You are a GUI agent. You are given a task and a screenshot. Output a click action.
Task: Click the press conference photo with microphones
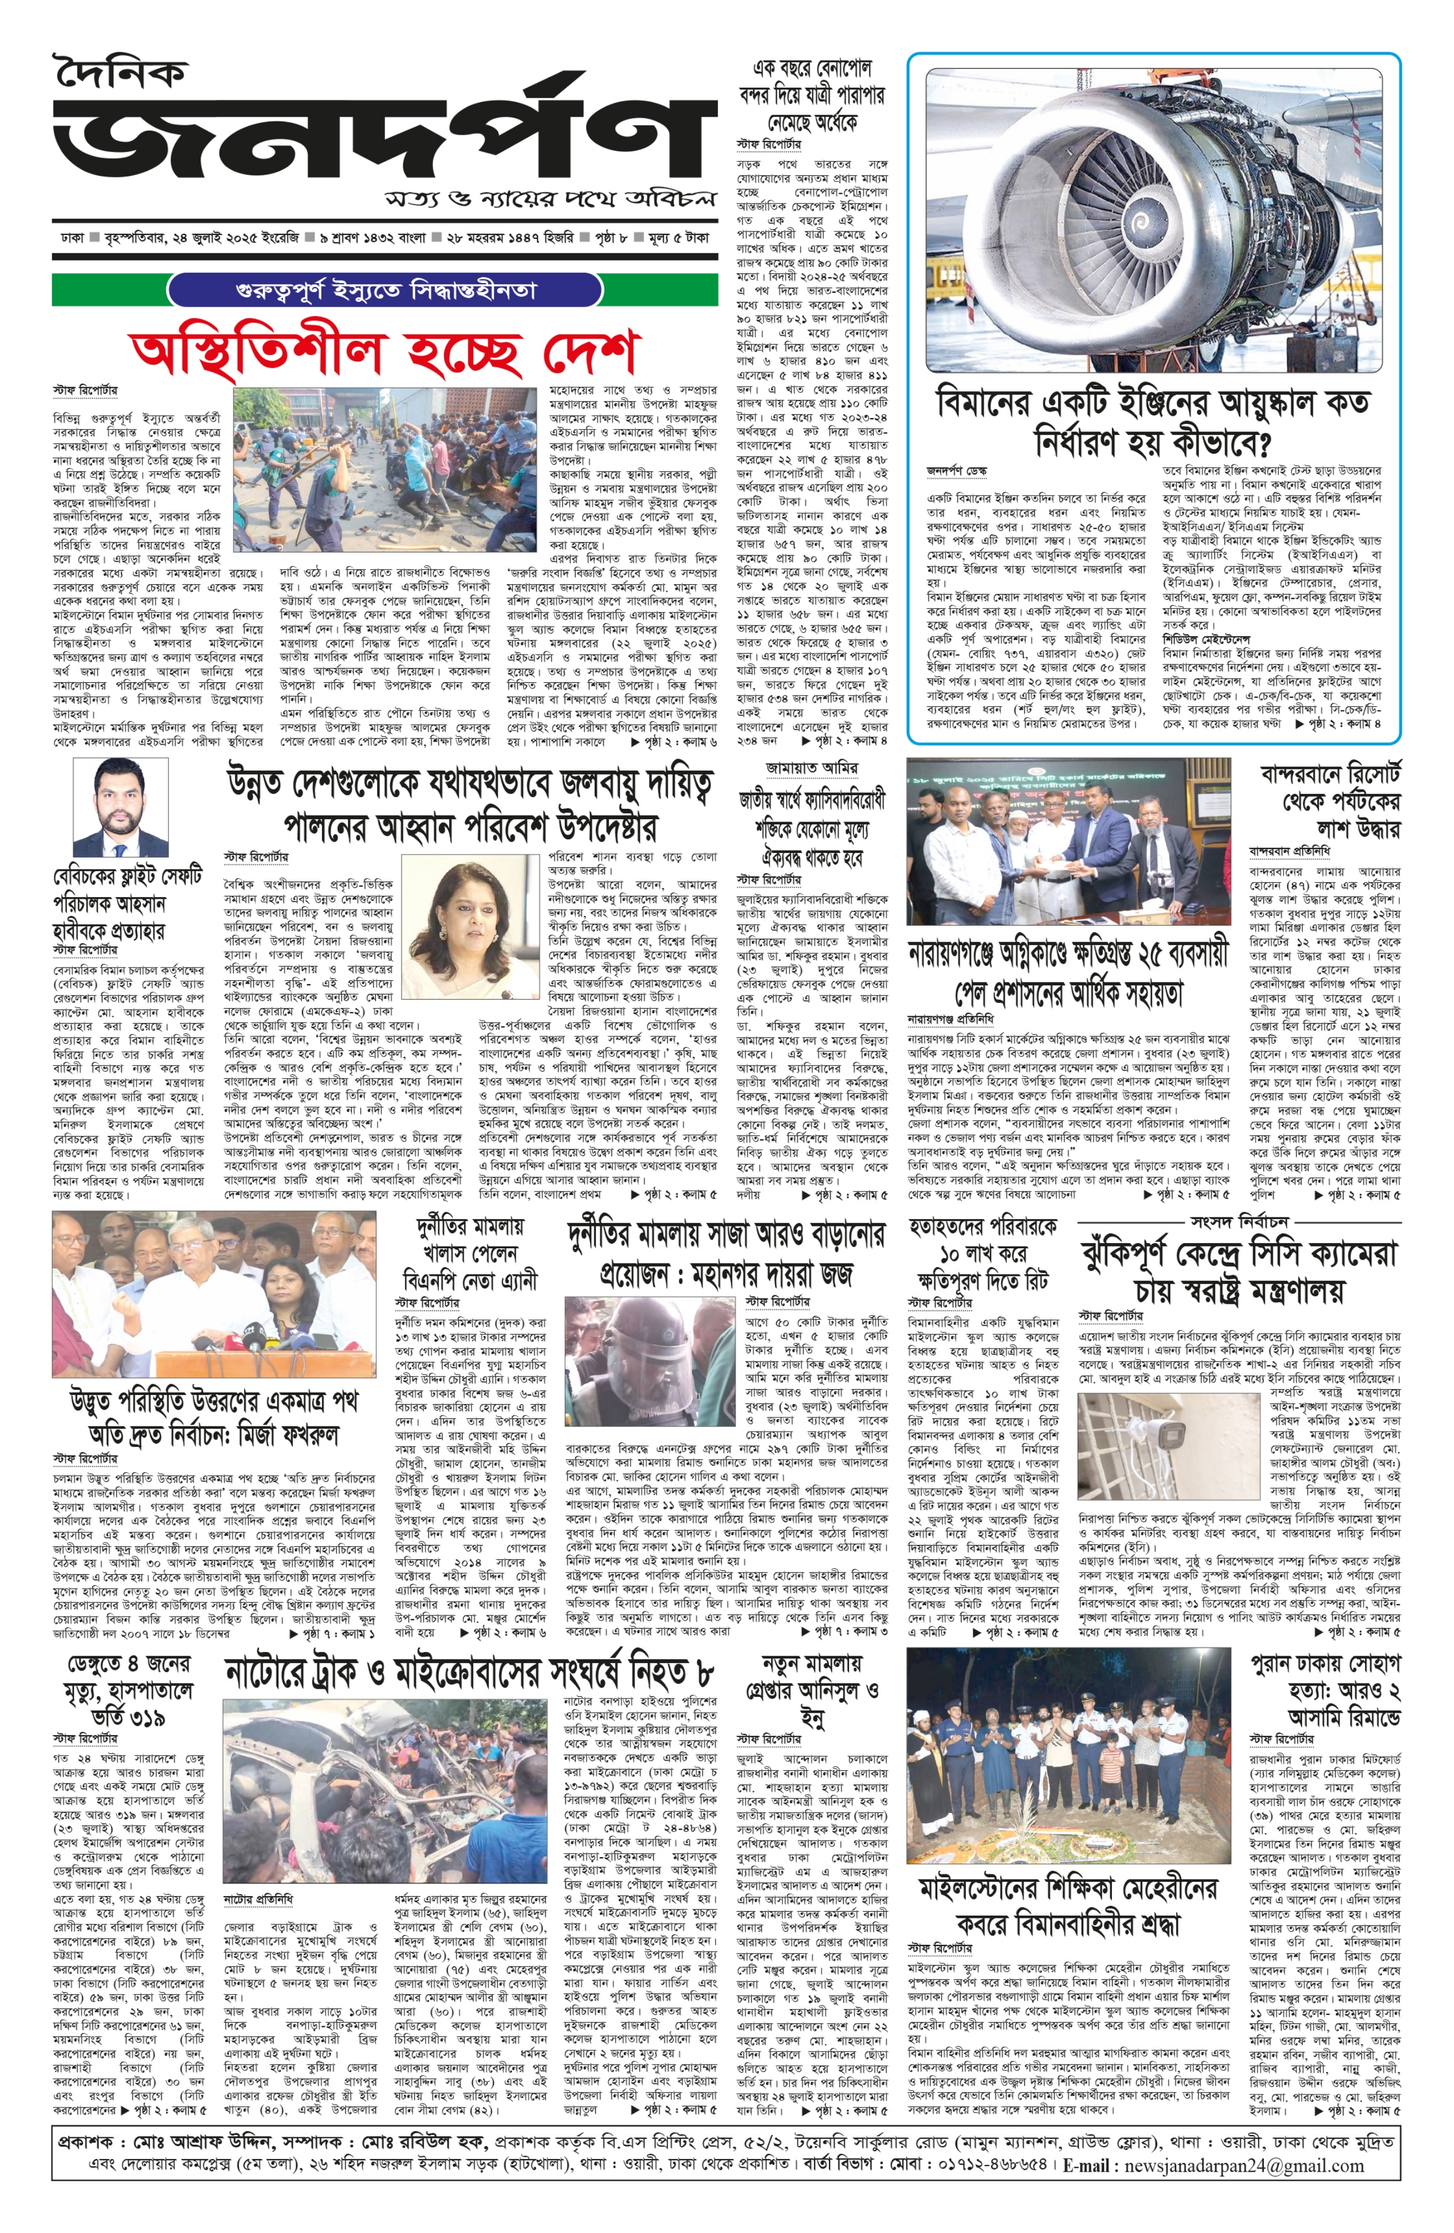pyautogui.click(x=213, y=1295)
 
